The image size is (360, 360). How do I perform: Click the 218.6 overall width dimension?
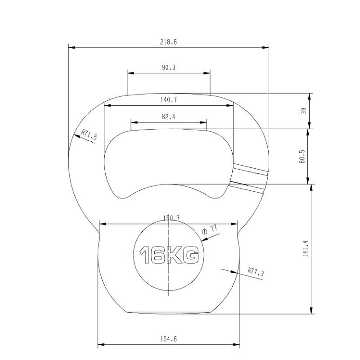click(x=168, y=42)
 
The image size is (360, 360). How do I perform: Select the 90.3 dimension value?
click(x=168, y=67)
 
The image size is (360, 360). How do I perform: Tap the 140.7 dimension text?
click(x=168, y=100)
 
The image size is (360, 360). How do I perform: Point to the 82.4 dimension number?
click(x=168, y=117)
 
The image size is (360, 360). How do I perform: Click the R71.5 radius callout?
click(x=89, y=135)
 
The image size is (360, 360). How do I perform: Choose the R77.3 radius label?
click(x=256, y=272)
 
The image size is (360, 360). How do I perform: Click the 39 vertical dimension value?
click(x=304, y=111)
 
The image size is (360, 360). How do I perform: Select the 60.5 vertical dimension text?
click(x=302, y=157)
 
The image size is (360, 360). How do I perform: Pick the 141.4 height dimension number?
click(x=306, y=249)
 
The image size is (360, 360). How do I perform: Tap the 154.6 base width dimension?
click(x=168, y=339)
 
